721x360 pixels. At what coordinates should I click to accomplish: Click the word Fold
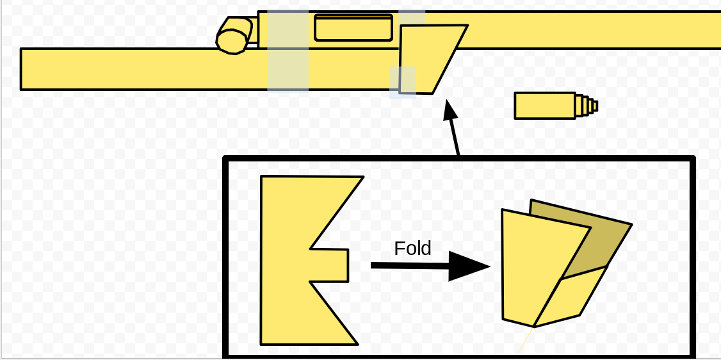[x=412, y=249]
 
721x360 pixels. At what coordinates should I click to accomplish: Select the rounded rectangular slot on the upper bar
[x=353, y=28]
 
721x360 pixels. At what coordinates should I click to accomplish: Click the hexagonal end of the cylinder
[x=232, y=42]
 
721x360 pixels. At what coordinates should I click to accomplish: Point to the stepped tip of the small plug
[x=587, y=106]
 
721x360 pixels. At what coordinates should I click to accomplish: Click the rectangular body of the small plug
[x=545, y=106]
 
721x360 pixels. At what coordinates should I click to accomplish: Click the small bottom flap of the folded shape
[x=570, y=297]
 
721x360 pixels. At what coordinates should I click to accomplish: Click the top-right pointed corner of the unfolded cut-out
[x=363, y=177]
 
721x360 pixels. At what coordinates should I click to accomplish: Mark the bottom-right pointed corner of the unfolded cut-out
[x=358, y=344]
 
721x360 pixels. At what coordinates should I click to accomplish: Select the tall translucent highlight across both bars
[x=288, y=51]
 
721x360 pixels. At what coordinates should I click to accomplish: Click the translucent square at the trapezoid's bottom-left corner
[x=403, y=82]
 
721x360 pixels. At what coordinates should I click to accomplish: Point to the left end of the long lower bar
[x=21, y=69]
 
